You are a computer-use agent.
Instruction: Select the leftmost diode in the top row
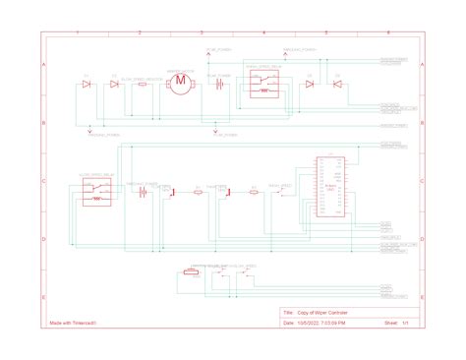tap(87, 85)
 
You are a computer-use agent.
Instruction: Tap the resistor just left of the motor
tap(144, 85)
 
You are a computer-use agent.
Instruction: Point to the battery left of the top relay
tap(221, 85)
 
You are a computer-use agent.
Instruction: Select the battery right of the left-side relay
tap(143, 192)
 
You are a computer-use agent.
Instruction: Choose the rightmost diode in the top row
tap(337, 85)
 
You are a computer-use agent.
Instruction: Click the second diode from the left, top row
tap(114, 85)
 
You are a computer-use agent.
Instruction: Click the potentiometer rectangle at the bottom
tap(190, 271)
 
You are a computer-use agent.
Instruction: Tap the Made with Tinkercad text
tap(71, 322)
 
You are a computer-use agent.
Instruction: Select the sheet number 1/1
tap(403, 322)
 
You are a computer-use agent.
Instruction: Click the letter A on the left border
tap(42, 64)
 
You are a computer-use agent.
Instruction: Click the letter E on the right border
tap(422, 296)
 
